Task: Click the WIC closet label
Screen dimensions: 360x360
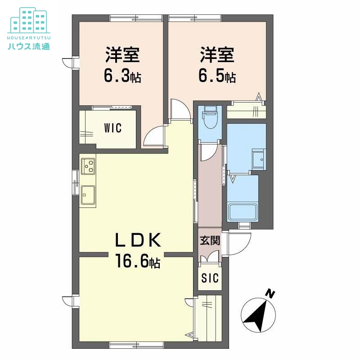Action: [x=112, y=128]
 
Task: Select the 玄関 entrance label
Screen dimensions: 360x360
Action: [x=210, y=240]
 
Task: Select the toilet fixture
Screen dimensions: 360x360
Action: [x=210, y=118]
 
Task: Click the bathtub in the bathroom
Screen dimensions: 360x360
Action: [x=243, y=212]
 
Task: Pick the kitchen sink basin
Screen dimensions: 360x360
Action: [x=88, y=195]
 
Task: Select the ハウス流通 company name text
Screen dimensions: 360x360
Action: [x=28, y=46]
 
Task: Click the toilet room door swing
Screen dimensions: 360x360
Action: [x=208, y=153]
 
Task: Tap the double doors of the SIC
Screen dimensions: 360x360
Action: [x=210, y=261]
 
